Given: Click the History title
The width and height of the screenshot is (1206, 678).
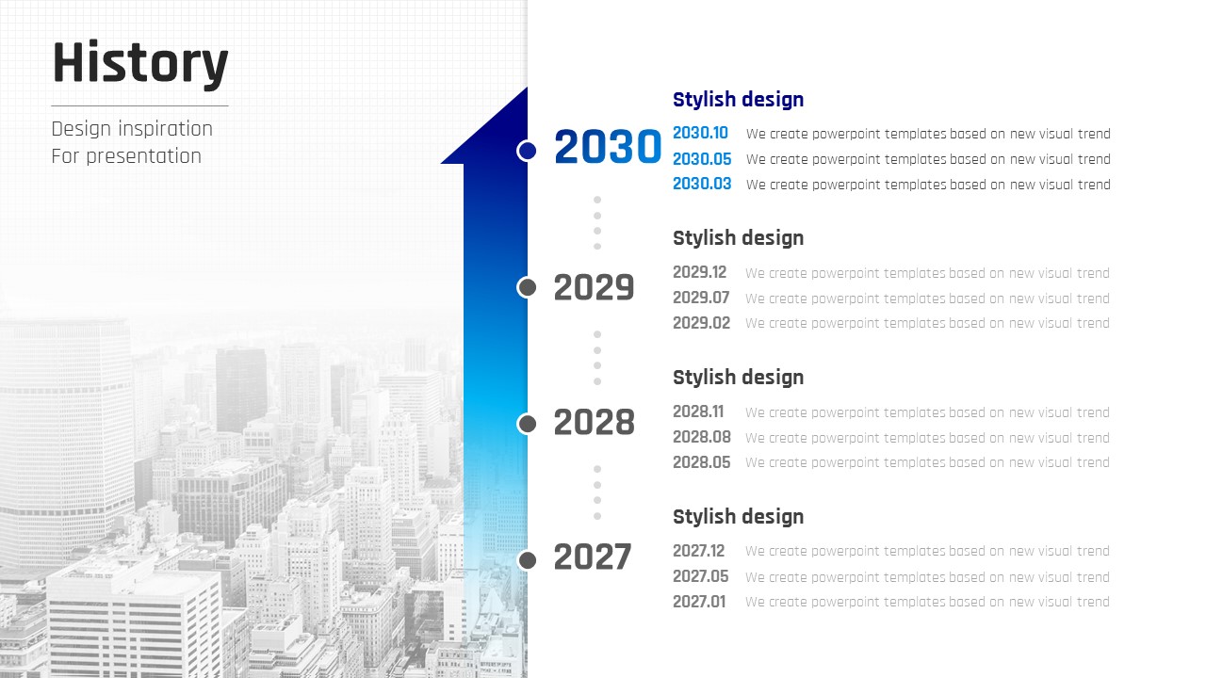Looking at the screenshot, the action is point(140,63).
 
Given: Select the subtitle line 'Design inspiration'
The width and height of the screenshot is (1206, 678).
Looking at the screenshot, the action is point(132,129).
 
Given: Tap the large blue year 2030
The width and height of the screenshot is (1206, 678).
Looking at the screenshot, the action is point(608,146).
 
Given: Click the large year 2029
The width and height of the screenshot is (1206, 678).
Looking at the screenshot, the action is point(594,287).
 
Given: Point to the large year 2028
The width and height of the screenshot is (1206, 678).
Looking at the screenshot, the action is point(594,423).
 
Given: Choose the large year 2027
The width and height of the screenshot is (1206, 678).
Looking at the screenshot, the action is point(593,557).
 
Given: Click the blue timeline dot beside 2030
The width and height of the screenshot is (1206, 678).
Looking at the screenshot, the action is point(527,151).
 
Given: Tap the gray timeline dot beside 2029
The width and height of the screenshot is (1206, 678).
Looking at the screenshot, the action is point(527,287).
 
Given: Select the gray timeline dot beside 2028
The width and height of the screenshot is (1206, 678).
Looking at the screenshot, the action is point(527,424).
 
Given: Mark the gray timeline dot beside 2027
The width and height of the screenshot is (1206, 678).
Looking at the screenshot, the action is point(527,560).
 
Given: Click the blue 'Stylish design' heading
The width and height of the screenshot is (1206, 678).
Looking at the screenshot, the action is point(738,100).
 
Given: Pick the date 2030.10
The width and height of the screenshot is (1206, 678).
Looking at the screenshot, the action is point(700,133).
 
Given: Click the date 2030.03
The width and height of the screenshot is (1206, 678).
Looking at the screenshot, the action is point(702,184).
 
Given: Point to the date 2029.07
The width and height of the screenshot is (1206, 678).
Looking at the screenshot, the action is point(701,298).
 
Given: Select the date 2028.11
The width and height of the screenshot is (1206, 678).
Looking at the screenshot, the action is point(698,412).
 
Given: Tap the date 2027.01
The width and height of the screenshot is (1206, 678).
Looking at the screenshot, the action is point(699,602).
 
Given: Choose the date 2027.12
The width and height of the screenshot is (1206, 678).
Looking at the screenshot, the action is point(699,551).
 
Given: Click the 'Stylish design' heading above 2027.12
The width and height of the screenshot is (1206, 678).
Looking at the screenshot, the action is point(738,517).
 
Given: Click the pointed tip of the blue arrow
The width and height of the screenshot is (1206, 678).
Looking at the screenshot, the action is point(527,88).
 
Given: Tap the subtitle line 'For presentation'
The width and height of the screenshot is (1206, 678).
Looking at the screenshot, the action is point(126,156).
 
